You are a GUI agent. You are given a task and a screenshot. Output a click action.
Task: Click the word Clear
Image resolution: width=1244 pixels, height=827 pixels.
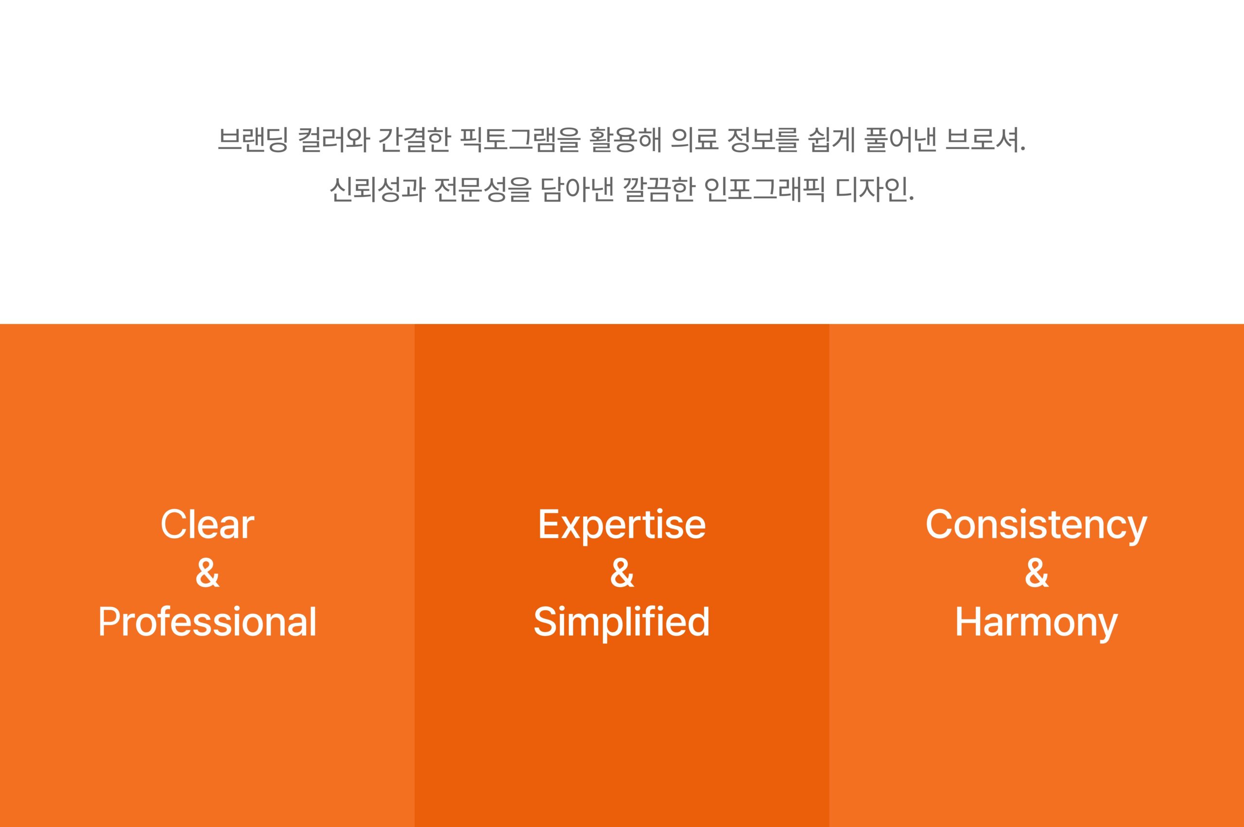coord(207,524)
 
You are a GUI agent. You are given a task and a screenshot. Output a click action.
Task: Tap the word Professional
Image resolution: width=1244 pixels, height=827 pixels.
coord(207,623)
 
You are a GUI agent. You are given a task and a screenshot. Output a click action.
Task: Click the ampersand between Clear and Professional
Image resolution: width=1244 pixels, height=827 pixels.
coord(207,574)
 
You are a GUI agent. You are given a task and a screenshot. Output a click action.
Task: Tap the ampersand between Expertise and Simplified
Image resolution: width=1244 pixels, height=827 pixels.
coord(622,574)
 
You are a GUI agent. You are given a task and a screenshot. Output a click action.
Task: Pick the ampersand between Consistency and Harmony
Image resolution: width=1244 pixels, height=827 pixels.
coord(1037,574)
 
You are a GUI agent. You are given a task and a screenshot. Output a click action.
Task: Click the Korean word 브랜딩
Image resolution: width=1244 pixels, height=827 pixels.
coord(253,140)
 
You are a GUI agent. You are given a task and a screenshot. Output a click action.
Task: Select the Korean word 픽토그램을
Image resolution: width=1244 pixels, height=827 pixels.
coord(520,140)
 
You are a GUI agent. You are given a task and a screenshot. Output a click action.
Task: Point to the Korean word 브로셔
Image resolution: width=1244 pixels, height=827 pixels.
coord(985,140)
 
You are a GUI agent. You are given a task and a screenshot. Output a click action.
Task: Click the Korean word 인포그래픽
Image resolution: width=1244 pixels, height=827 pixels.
coord(764,189)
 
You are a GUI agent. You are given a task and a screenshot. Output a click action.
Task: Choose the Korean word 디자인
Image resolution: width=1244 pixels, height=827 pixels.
coord(874,189)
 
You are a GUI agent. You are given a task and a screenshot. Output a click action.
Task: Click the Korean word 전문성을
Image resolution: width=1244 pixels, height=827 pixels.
coord(483,189)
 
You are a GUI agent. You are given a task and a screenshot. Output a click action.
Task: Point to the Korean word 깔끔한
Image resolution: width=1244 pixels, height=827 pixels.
coord(658,189)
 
